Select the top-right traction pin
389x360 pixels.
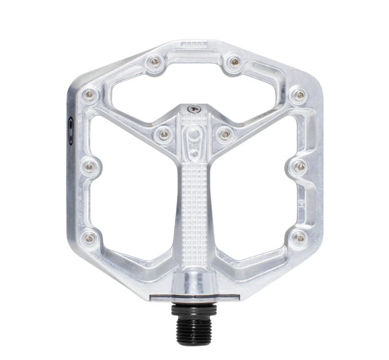pos(233,61)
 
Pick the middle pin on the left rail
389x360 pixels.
pos(89,166)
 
